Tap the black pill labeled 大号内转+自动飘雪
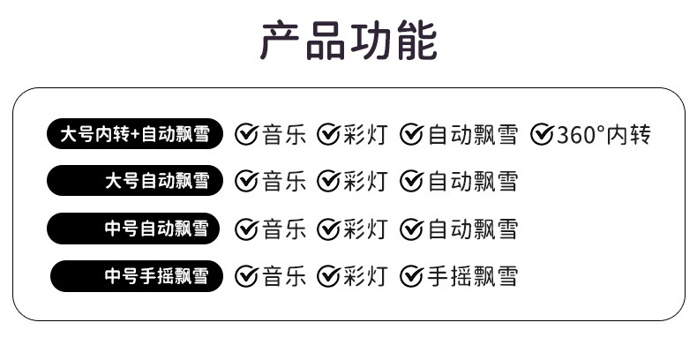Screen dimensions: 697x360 pyautogui.click(x=135, y=134)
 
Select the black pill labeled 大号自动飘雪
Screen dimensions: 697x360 pyautogui.click(x=135, y=182)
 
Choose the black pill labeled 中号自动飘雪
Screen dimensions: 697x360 pyautogui.click(x=135, y=229)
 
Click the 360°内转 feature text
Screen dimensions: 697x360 pyautogui.click(x=604, y=135)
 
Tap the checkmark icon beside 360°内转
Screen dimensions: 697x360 pyautogui.click(x=542, y=135)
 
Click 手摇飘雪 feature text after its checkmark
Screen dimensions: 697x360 pyautogui.click(x=473, y=276)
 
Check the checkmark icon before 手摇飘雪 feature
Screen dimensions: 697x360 pyautogui.click(x=411, y=276)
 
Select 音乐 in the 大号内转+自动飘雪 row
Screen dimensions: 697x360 pyautogui.click(x=284, y=135)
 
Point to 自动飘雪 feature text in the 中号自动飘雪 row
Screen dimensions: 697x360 pyautogui.click(x=473, y=229)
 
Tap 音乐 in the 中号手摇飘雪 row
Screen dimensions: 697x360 pyautogui.click(x=284, y=276)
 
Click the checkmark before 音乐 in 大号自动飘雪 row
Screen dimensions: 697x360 pyautogui.click(x=247, y=182)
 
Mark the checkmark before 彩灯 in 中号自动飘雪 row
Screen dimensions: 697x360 pyautogui.click(x=329, y=229)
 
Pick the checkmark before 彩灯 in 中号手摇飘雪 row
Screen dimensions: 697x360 pyautogui.click(x=329, y=276)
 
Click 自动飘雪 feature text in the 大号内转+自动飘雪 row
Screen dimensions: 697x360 pyautogui.click(x=473, y=135)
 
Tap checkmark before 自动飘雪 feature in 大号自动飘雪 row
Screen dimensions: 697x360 pyautogui.click(x=411, y=182)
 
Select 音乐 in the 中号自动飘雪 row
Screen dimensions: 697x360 pyautogui.click(x=284, y=229)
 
